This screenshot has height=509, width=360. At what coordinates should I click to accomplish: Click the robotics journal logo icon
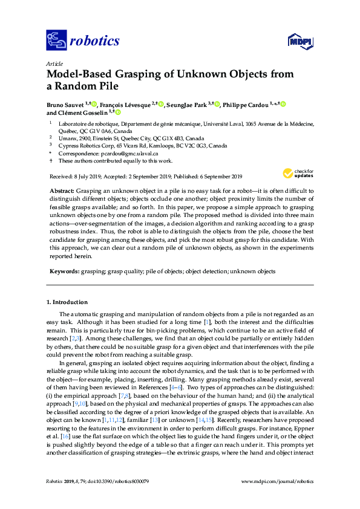tap(57, 41)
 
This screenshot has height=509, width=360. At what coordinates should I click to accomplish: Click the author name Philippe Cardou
tap(245, 104)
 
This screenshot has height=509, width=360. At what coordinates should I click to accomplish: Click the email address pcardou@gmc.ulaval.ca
tap(120, 154)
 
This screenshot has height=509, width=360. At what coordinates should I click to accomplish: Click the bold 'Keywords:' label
tap(64, 271)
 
